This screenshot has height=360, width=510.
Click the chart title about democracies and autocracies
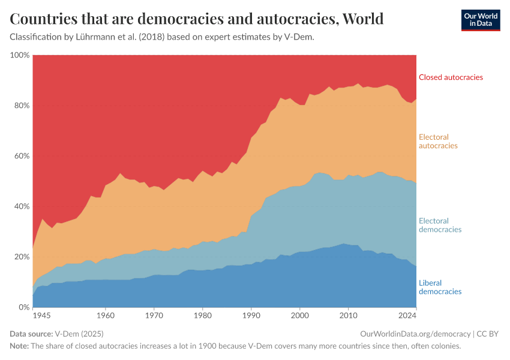(x=197, y=19)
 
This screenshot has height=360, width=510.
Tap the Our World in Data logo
(x=480, y=20)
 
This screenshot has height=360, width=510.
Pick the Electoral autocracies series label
(x=438, y=142)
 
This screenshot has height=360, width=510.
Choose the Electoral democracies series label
(x=440, y=225)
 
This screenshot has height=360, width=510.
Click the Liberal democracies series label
(x=440, y=287)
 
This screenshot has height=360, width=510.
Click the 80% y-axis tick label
(x=22, y=106)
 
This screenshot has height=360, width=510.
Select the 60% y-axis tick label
(x=22, y=156)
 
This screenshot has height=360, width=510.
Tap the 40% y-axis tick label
(x=22, y=206)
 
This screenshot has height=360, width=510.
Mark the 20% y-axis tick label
(x=22, y=257)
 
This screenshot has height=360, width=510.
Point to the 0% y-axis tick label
(x=24, y=307)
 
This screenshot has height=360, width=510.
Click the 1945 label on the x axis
(x=41, y=315)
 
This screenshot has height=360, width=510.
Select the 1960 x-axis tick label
(x=106, y=315)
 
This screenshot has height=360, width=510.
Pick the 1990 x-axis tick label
(x=251, y=315)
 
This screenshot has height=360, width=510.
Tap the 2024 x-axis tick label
(x=408, y=315)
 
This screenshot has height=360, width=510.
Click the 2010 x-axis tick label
(x=348, y=315)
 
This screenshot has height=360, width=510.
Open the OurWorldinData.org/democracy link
(x=415, y=334)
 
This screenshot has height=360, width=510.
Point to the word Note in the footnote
(x=19, y=346)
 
